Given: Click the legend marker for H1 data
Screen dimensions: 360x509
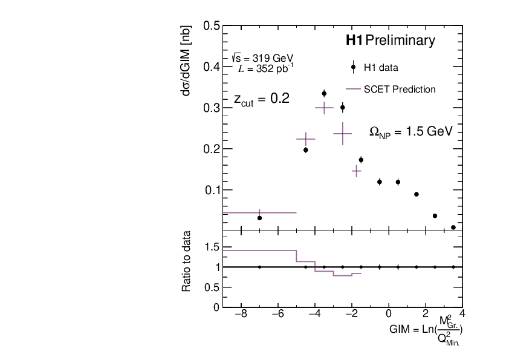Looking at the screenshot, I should (353, 67).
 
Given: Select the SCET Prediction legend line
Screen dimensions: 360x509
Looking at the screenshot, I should (353, 89).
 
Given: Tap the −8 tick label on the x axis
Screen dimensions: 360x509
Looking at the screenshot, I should (240, 315).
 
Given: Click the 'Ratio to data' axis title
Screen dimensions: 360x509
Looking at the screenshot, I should (187, 261).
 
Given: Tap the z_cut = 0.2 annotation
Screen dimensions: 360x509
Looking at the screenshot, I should (261, 100).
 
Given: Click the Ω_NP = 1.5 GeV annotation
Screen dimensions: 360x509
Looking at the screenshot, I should (411, 132).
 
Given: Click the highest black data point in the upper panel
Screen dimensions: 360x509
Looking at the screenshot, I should (324, 94).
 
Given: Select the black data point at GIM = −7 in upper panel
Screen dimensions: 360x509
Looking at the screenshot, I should (259, 218).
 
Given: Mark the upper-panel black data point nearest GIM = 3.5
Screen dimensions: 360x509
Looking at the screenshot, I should (453, 227).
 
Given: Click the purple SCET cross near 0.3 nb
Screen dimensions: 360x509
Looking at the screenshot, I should (324, 108).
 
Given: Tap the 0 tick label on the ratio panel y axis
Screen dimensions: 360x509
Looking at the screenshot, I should (216, 307).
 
